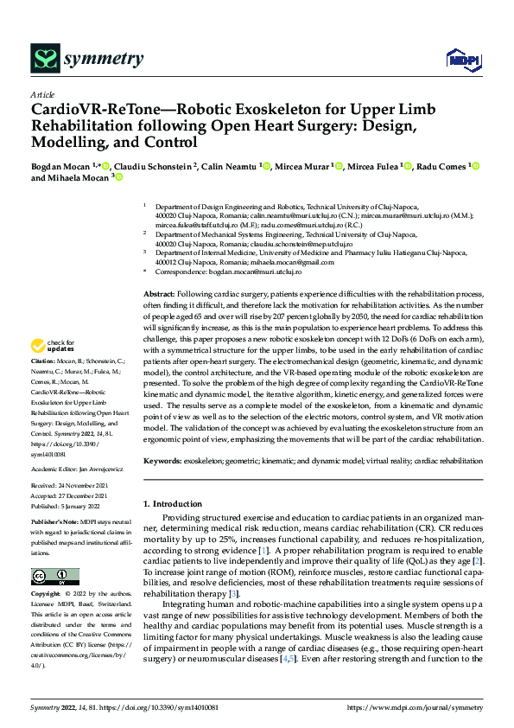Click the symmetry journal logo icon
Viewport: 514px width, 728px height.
point(45,59)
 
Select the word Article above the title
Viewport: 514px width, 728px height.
point(42,94)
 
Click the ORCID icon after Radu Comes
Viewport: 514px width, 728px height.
point(475,165)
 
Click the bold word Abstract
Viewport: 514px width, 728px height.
point(158,295)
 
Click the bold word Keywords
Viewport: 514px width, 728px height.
point(162,462)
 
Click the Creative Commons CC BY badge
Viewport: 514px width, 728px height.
point(54,577)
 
